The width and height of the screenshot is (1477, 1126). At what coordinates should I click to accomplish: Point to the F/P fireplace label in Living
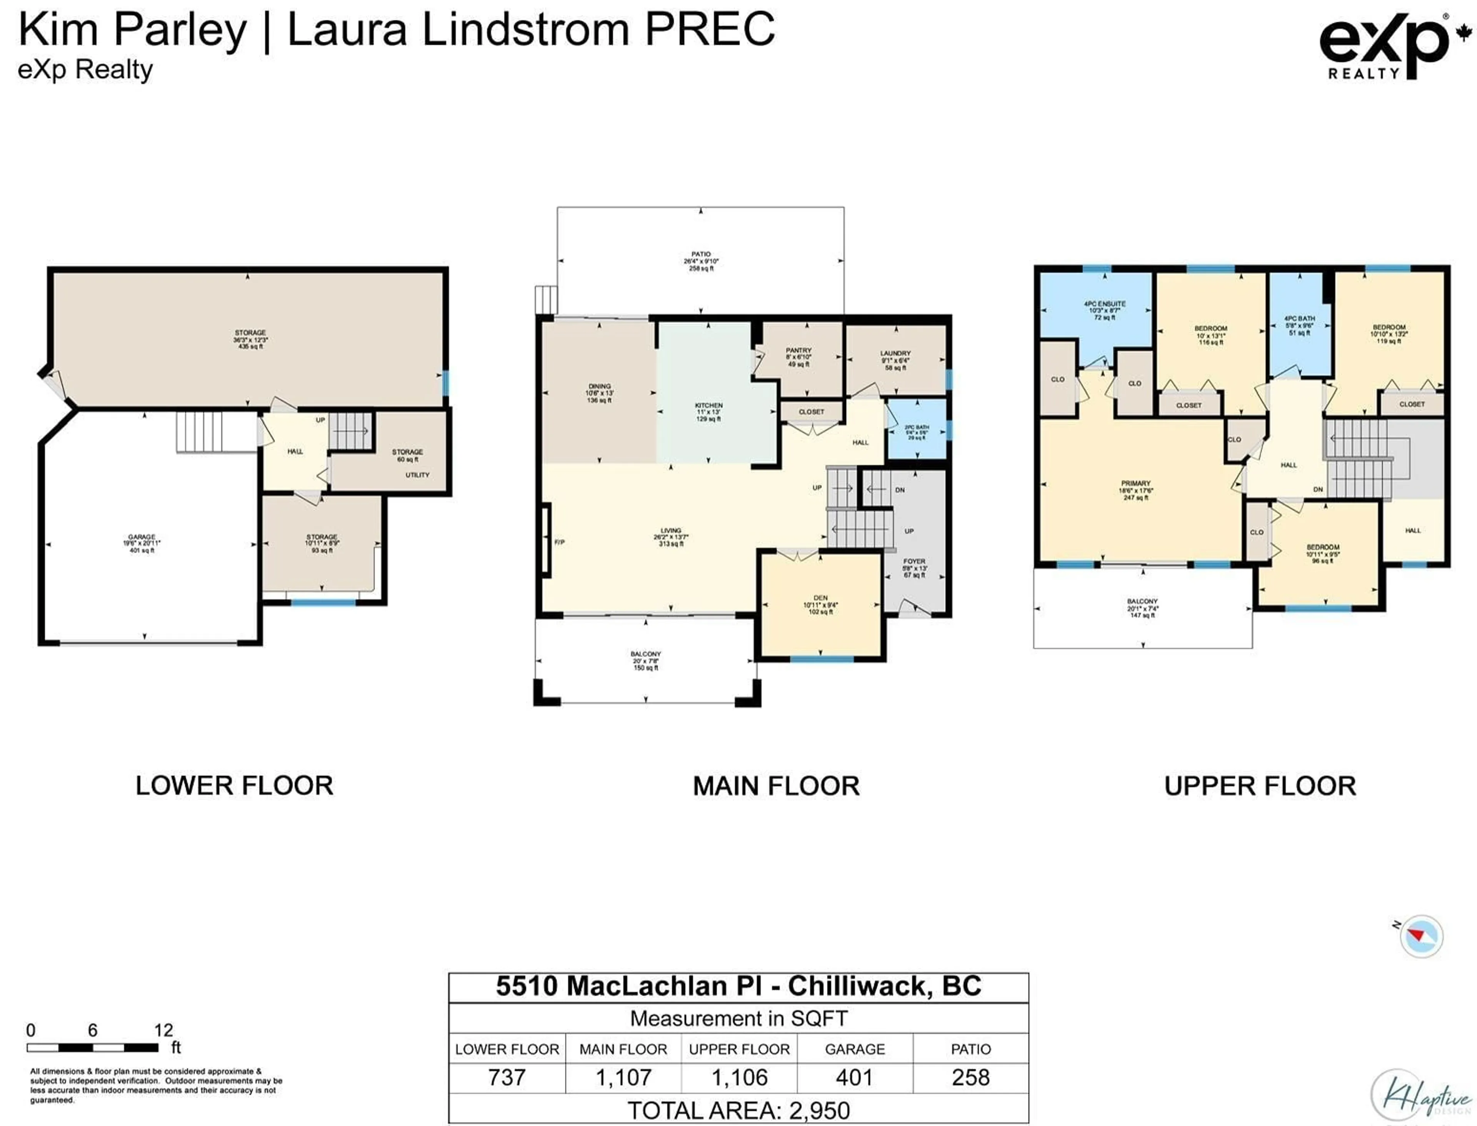tap(559, 541)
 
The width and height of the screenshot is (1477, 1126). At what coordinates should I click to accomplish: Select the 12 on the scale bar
tap(163, 1030)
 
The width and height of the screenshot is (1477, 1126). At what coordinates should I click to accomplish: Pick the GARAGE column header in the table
tap(854, 1049)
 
